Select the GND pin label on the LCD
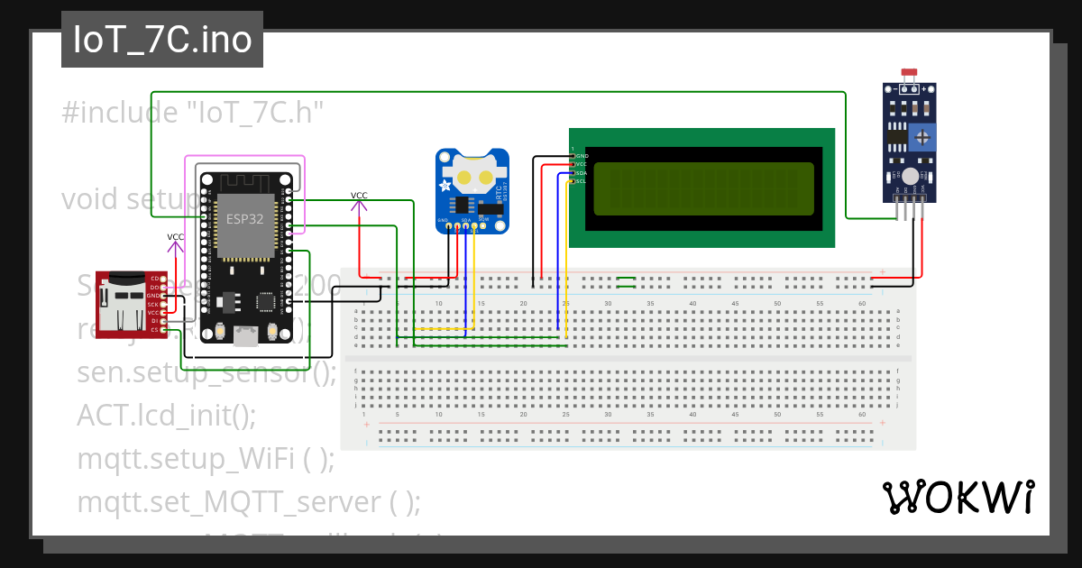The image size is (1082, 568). (582, 156)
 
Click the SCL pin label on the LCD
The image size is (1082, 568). (582, 181)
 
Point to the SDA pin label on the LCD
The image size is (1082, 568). (582, 172)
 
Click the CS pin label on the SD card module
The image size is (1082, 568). (155, 330)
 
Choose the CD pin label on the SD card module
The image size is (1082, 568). (155, 278)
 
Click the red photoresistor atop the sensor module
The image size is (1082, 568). (909, 72)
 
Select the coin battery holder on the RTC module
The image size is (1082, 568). (474, 171)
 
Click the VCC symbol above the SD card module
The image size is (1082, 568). (176, 237)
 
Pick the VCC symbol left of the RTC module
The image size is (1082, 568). (359, 196)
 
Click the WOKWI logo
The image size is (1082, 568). (958, 497)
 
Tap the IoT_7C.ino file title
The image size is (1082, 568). (162, 41)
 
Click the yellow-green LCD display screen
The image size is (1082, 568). (703, 188)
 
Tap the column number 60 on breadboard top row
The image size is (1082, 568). (862, 303)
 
